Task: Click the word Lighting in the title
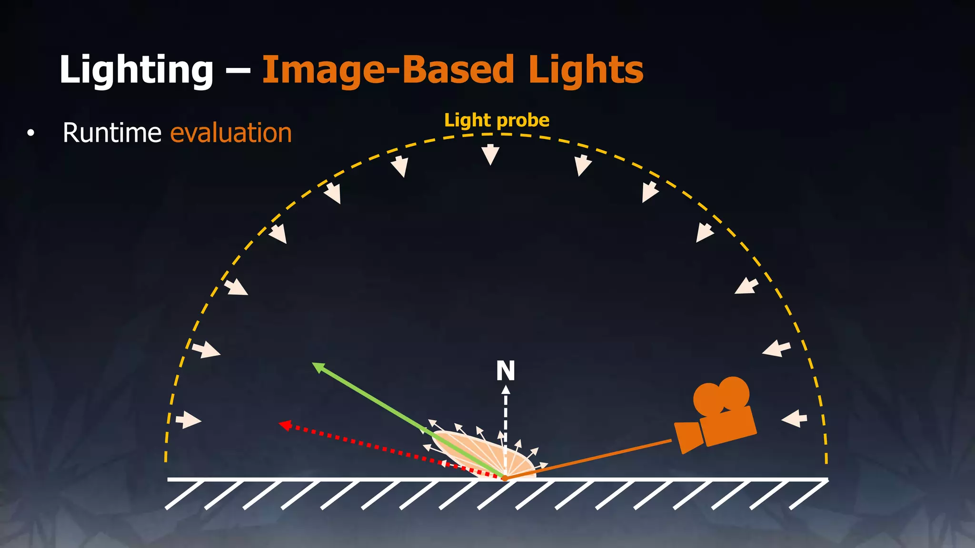pos(136,70)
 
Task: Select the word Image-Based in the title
pos(388,70)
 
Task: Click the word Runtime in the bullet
pos(112,133)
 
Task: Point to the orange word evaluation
pos(231,133)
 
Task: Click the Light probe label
pos(497,120)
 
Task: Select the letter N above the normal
pos(506,371)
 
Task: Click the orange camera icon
pos(719,419)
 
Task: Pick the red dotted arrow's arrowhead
pos(285,424)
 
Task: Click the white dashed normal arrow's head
pos(506,390)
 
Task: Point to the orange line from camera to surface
pos(590,459)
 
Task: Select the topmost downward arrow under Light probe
pos(490,154)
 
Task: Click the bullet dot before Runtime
pos(31,134)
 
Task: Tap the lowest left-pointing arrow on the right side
pos(794,419)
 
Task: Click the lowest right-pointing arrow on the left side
pos(189,420)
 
